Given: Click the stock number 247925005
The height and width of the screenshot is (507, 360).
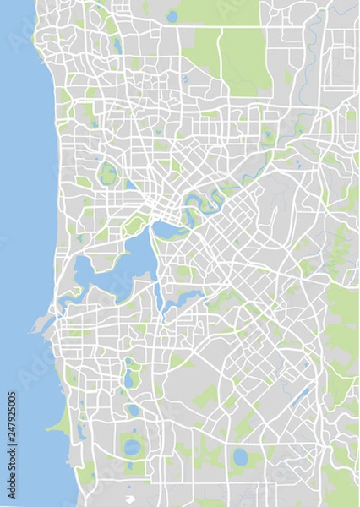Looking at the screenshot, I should (10, 431).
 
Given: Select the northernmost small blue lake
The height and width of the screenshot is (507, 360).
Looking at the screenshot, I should (172, 15).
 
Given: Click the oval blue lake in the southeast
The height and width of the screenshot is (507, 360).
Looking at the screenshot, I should (241, 457).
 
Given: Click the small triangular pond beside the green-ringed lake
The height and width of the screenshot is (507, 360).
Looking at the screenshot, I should (128, 182).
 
